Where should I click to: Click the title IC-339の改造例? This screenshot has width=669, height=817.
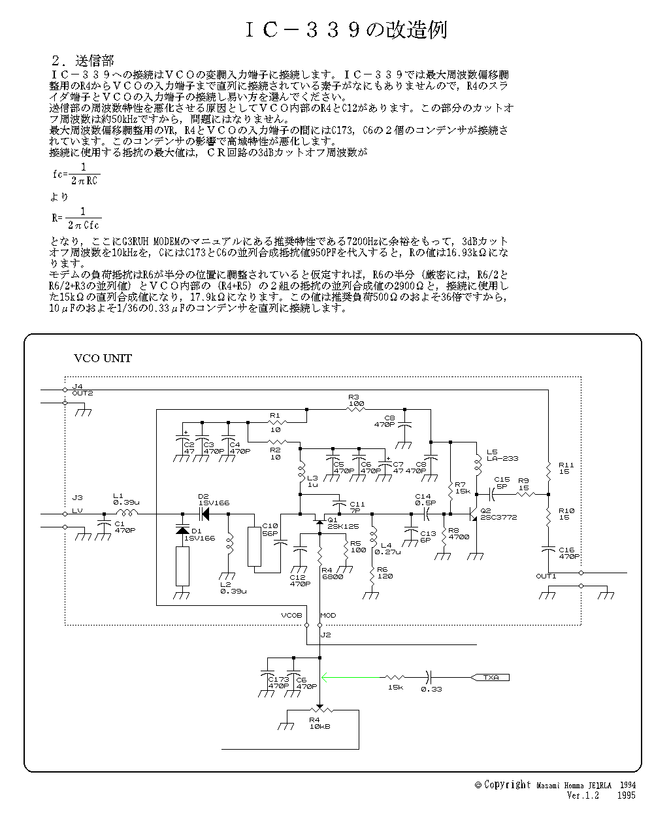346,29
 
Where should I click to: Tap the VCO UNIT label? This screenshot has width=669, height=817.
103,358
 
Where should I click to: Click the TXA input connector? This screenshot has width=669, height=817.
491,678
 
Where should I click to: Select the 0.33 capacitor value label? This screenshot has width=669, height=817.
431,690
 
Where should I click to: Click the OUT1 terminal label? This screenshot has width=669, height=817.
546,576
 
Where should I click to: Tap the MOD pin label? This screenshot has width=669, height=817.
328,616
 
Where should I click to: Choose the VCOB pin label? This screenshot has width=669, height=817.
291,616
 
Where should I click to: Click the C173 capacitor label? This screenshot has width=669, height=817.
278,680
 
